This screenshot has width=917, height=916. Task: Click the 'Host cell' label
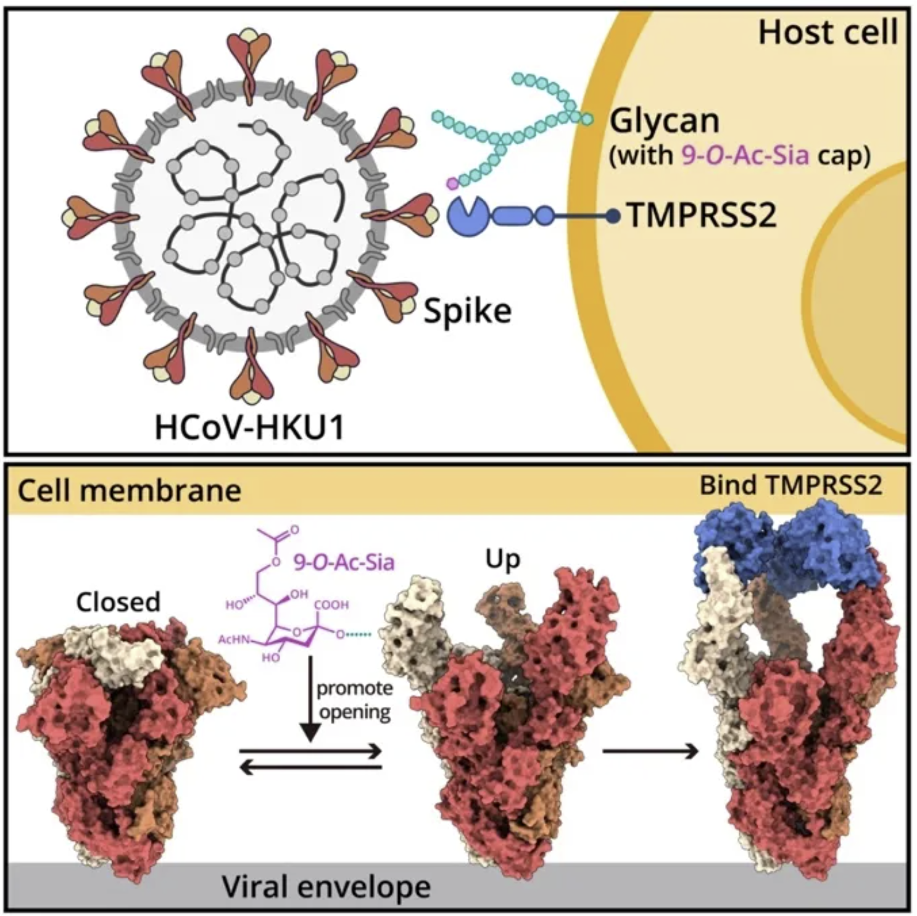(x=828, y=32)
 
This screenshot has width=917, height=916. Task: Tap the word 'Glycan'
(x=665, y=121)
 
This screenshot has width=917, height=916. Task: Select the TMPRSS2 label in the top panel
(x=702, y=215)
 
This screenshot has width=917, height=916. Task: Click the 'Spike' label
(x=467, y=311)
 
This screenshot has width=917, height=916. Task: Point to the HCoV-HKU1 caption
(x=249, y=428)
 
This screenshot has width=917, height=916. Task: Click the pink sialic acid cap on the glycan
(x=452, y=183)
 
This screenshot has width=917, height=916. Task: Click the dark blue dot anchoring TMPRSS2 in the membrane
(x=613, y=217)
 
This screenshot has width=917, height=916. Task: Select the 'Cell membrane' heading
(x=129, y=491)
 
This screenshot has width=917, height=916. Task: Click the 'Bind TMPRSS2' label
(x=790, y=486)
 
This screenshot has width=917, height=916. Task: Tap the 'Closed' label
(x=118, y=601)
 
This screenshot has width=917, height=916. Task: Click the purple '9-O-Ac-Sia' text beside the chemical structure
(x=344, y=562)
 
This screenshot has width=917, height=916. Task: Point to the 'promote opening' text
(x=354, y=700)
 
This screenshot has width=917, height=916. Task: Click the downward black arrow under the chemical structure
(x=311, y=697)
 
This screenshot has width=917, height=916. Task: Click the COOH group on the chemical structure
(x=331, y=605)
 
